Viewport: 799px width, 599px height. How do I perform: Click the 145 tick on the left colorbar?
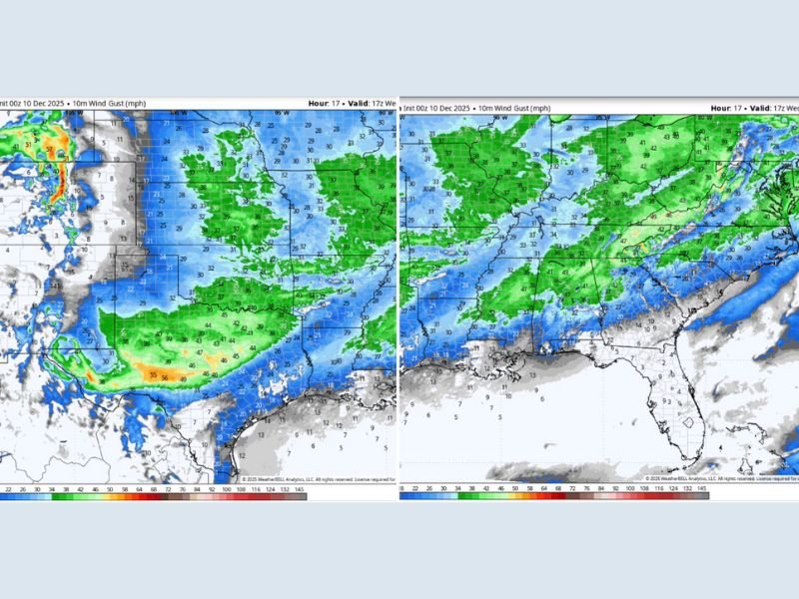(x=299, y=488)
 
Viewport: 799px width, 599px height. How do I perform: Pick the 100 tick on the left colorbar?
(x=227, y=488)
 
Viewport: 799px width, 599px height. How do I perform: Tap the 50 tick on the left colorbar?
(x=110, y=488)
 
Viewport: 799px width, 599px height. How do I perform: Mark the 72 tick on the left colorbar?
(x=169, y=488)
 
